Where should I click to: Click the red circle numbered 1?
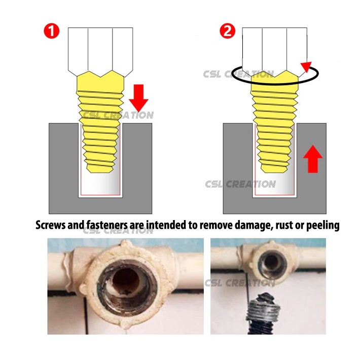tap(52, 31)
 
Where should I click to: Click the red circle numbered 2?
tap(228, 31)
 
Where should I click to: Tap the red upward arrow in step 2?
tap(313, 159)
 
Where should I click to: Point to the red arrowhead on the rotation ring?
tap(306, 67)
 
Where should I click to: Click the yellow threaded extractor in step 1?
tap(100, 122)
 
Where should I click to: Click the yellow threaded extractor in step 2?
tap(275, 122)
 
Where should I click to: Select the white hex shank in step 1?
tap(100, 52)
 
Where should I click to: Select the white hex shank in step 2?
tap(275, 52)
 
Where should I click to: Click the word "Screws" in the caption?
tap(51, 225)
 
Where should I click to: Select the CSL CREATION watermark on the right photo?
tap(240, 283)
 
